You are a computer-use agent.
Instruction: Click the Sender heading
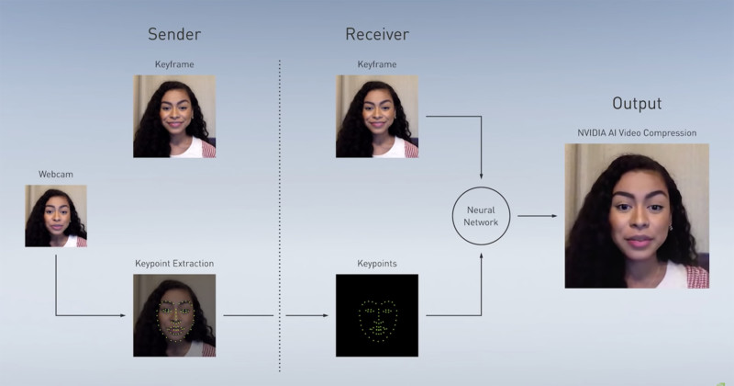[x=174, y=34]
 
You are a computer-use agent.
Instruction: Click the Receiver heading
[x=377, y=34]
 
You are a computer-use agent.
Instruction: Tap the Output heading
[x=637, y=104]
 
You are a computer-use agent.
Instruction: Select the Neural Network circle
[x=452, y=216]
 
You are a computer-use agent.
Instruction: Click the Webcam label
[x=56, y=174]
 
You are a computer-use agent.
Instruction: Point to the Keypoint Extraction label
[x=174, y=264]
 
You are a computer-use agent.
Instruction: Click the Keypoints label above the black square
[x=377, y=264]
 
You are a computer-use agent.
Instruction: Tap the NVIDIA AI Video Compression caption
[x=637, y=132]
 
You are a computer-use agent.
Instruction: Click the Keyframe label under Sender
[x=174, y=64]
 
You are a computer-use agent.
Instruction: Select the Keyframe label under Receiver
[x=377, y=64]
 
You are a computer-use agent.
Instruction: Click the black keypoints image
[x=377, y=315]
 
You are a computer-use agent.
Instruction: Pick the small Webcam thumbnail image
[x=56, y=216]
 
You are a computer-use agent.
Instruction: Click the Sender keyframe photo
[x=174, y=117]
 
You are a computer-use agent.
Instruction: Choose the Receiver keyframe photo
[x=377, y=117]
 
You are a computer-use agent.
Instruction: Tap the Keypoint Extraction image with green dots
[x=174, y=315]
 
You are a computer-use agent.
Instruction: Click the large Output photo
[x=637, y=216]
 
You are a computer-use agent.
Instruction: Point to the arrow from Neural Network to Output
[x=538, y=216]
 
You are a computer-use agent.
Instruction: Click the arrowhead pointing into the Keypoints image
[x=326, y=315]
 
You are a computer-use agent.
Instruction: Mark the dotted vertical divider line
[x=280, y=216]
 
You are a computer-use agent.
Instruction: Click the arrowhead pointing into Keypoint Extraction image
[x=123, y=315]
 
